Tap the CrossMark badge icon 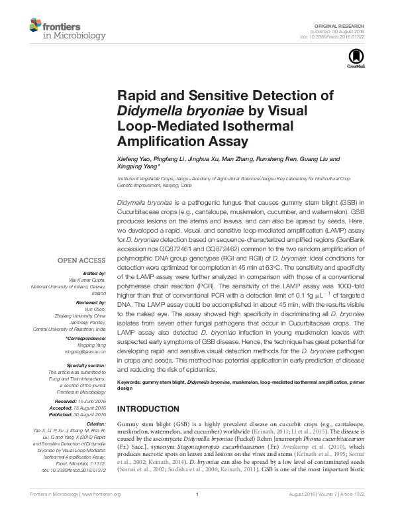[352, 59]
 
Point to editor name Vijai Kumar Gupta [85, 279]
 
